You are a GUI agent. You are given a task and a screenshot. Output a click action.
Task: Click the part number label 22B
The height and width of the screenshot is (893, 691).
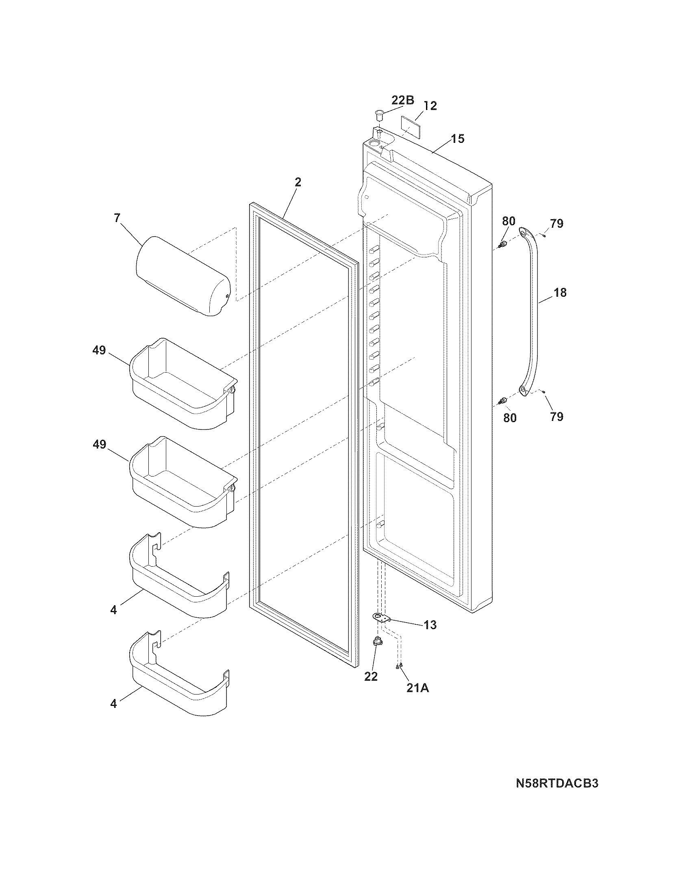403,100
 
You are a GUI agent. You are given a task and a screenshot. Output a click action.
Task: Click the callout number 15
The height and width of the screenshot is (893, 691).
458,139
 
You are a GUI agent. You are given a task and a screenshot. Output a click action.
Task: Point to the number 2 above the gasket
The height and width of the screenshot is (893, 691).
298,183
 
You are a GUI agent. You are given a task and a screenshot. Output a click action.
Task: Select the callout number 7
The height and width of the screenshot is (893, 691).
117,218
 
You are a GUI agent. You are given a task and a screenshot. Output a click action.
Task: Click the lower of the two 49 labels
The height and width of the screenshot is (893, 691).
99,444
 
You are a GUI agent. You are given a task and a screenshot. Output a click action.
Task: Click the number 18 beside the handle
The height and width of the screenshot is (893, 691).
560,293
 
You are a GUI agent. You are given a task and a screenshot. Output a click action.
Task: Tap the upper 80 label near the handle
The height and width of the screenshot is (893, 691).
508,221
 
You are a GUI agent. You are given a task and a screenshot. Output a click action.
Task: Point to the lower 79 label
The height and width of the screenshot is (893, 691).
557,416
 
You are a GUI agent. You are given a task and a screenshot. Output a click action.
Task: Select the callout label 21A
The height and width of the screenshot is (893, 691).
417,688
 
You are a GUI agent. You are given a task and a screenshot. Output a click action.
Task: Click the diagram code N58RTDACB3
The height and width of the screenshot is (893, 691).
557,783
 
